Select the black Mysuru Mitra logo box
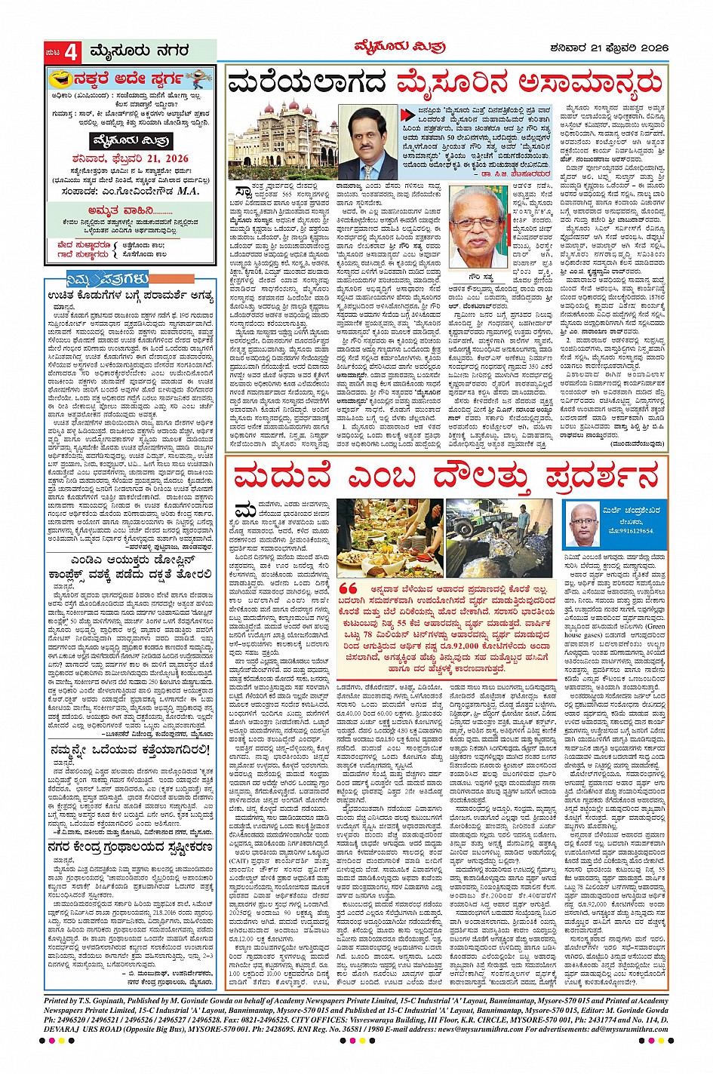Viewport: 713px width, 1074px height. [131, 141]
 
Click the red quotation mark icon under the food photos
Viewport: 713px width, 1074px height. [348, 589]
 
